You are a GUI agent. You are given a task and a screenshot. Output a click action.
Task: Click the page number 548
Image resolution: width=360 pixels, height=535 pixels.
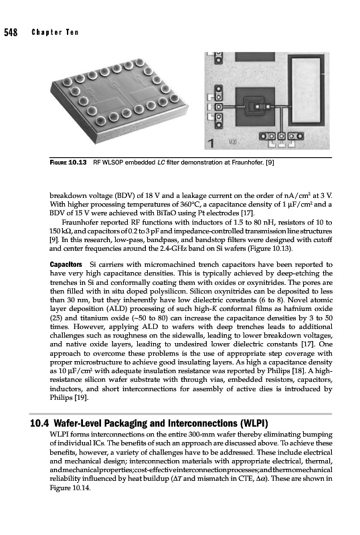click(x=11, y=32)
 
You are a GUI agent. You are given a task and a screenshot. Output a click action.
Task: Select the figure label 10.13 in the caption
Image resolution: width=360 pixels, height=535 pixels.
click(x=78, y=163)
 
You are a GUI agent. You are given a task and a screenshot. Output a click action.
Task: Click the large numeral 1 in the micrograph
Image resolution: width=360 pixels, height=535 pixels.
click(x=211, y=143)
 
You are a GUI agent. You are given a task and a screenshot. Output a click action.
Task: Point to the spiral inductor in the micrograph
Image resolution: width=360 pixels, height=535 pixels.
click(x=256, y=107)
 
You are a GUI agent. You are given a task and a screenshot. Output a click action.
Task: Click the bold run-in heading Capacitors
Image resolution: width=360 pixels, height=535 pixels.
click(x=66, y=264)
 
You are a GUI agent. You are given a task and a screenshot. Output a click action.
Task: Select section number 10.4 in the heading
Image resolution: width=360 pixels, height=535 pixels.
click(x=39, y=423)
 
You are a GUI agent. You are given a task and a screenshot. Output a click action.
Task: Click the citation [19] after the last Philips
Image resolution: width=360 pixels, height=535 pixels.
click(x=81, y=397)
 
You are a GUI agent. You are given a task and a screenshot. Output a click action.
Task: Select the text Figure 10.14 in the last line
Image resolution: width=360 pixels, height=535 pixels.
click(x=70, y=488)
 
